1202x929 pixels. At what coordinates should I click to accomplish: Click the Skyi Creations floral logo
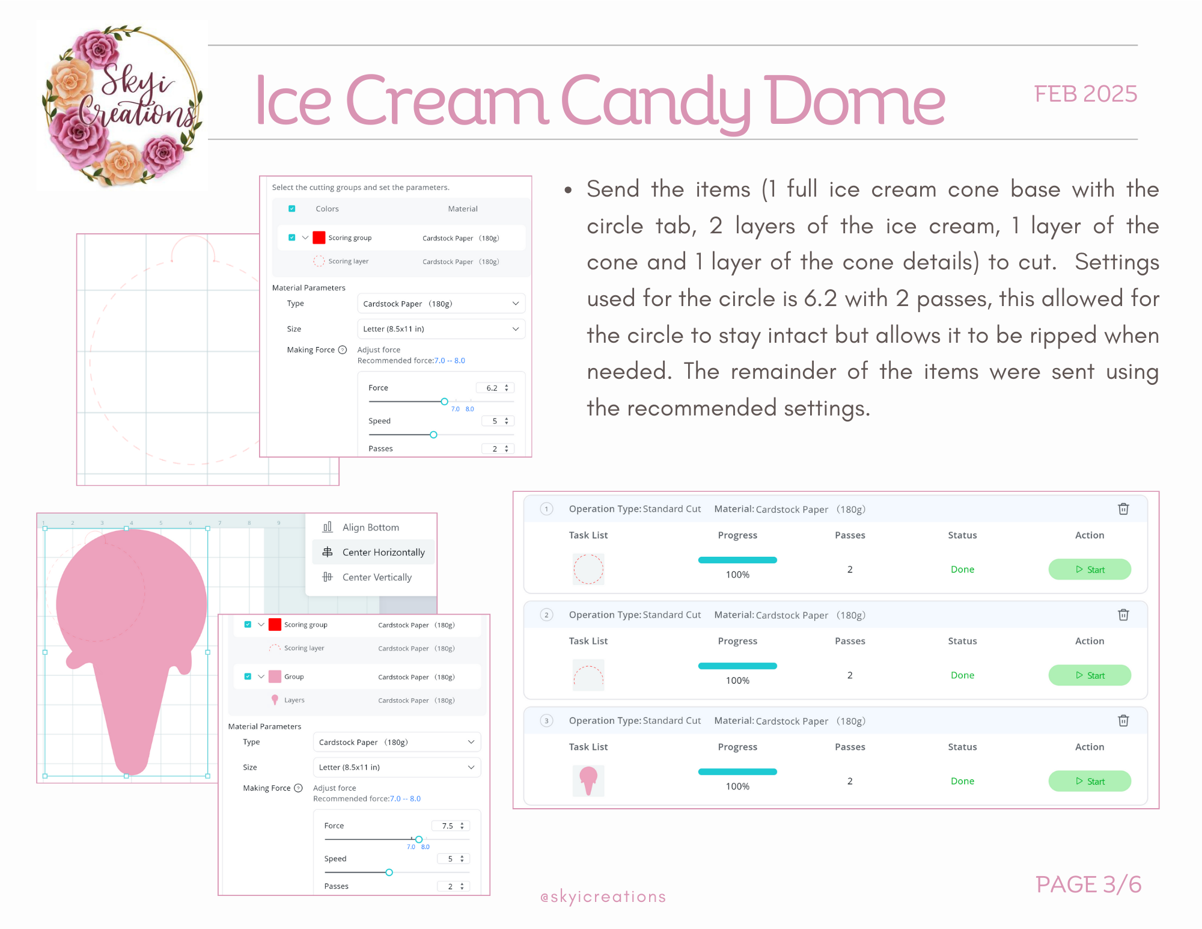pos(122,106)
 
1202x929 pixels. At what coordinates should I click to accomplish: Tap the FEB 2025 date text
pos(1085,94)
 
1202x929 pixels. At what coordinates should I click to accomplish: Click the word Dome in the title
pos(855,101)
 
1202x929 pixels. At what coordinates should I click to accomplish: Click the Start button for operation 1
pos(1090,569)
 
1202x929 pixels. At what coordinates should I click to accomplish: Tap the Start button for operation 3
pos(1090,781)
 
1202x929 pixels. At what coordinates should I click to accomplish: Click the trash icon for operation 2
pos(1123,615)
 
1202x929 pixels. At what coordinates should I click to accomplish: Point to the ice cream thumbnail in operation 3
pos(588,780)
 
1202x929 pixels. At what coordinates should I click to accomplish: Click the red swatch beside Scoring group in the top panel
pos(319,238)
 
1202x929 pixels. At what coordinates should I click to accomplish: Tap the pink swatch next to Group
pos(275,676)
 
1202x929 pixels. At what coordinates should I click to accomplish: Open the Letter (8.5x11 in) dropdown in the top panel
pos(441,329)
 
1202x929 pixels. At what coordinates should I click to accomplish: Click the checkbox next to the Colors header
pos(291,209)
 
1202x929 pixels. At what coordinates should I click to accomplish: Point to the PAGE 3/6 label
pos(1088,885)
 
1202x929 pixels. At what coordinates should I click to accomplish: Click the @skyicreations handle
pos(603,897)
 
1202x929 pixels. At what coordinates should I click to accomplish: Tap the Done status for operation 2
pos(962,675)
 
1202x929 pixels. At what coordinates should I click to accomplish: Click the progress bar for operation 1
pos(737,560)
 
